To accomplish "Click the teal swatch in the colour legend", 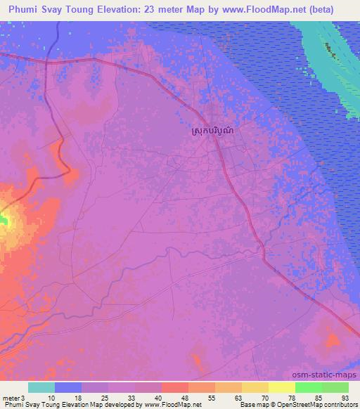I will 41,387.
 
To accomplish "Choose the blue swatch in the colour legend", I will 68,387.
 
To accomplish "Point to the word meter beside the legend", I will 11,397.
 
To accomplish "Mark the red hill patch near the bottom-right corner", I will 331,342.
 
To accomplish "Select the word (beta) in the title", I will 336,10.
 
